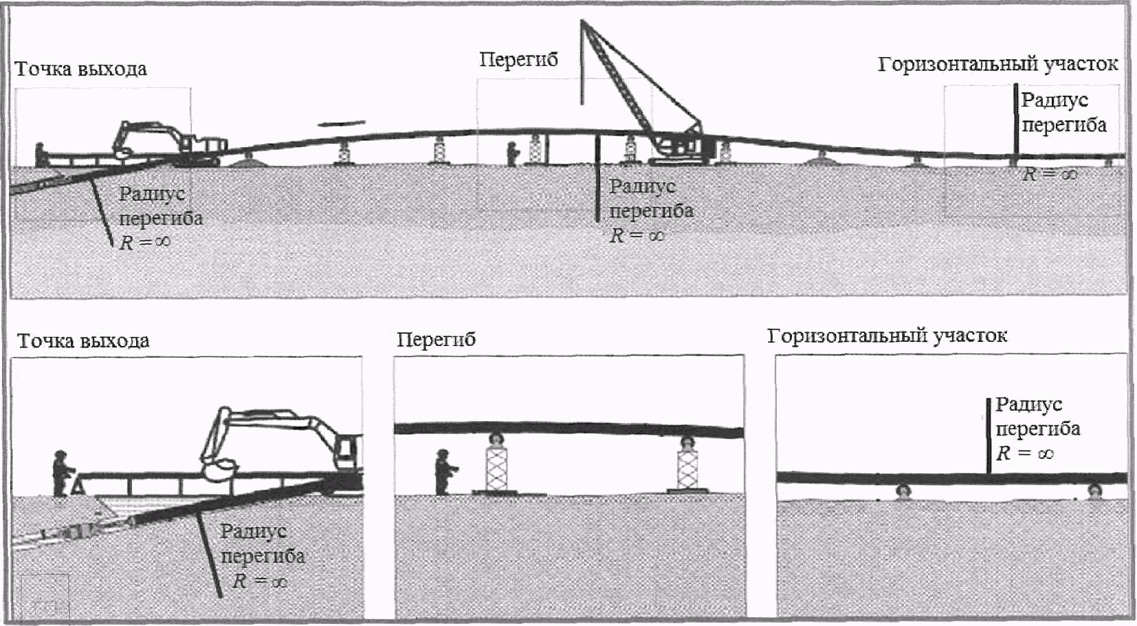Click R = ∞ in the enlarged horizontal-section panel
(1025, 453)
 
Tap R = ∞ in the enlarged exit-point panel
(259, 581)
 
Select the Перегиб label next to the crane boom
(518, 60)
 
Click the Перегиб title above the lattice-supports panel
(436, 340)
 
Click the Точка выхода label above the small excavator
(80, 69)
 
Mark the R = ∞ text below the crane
(637, 235)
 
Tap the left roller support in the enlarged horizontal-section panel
(903, 491)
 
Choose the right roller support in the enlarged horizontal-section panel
(1094, 491)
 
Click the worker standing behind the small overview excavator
(41, 153)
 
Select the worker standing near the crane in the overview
(511, 153)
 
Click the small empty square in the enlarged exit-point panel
(44, 595)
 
